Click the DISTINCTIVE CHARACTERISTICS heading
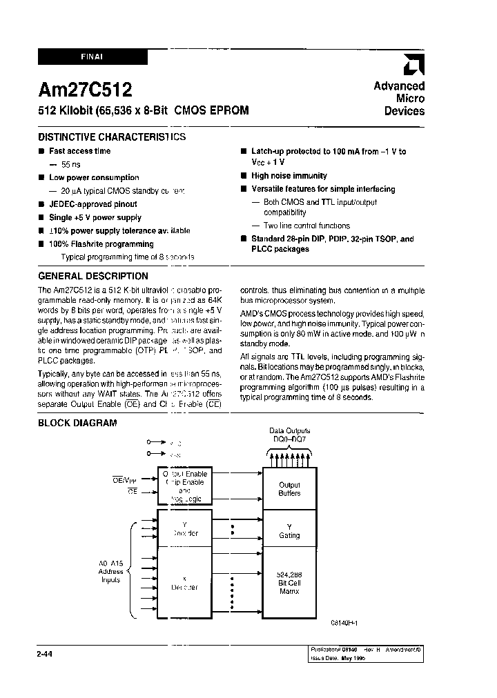point(111,137)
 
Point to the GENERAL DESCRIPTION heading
point(92,276)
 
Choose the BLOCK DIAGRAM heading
point(77,423)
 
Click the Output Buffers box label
point(289,489)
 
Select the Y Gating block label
point(289,530)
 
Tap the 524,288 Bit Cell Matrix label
point(289,583)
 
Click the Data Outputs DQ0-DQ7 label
point(289,434)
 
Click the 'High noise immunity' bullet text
point(289,176)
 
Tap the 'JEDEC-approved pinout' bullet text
point(93,204)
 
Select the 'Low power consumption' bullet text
point(94,178)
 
